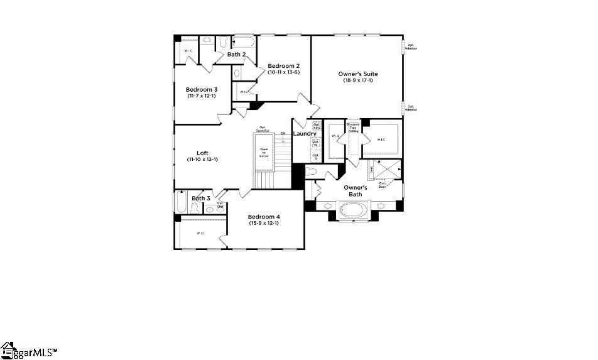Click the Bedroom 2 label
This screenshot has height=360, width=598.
tap(284, 66)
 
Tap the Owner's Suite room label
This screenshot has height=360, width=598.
tap(358, 74)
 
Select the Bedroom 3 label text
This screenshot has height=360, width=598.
tap(201, 90)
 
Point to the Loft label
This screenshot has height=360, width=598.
tap(202, 153)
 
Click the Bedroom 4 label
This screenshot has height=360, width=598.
tap(264, 217)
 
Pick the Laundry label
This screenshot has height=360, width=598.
tap(305, 134)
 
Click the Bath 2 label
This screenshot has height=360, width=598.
tap(236, 55)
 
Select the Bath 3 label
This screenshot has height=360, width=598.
tap(201, 199)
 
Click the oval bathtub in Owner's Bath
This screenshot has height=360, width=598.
tap(350, 209)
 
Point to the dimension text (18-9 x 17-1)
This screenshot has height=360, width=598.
tap(358, 80)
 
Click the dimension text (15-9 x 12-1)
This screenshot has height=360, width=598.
tap(264, 223)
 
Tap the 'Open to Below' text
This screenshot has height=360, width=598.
tap(264, 153)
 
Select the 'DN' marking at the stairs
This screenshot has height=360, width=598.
tap(283, 133)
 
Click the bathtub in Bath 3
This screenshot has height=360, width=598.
tap(180, 203)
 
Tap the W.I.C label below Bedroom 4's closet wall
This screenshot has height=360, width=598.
tap(200, 233)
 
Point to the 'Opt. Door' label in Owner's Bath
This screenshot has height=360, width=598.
tap(381, 184)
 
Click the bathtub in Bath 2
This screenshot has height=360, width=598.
tap(244, 43)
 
